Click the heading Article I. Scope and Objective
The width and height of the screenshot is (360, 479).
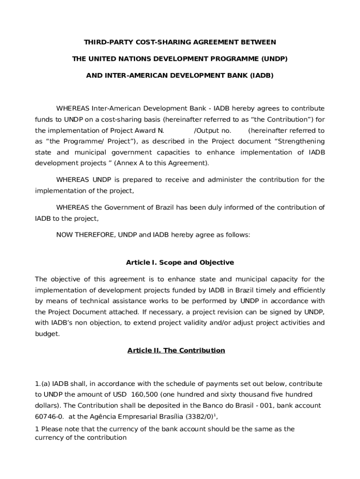(x=180, y=262)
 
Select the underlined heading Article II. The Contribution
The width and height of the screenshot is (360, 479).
(x=176, y=350)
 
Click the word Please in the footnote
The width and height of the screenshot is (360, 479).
(x=51, y=429)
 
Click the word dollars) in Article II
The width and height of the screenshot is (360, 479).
(x=47, y=405)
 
